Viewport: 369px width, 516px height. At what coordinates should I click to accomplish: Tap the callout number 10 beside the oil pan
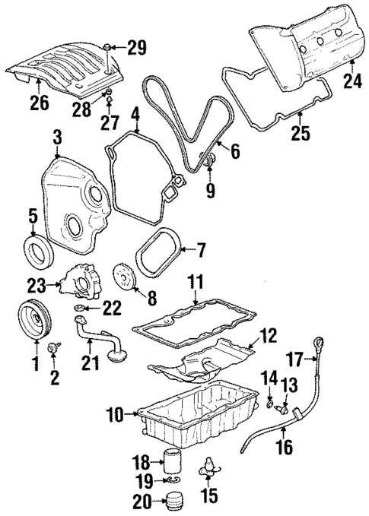[x=115, y=415]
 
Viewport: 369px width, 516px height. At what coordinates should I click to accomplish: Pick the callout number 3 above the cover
[x=57, y=137]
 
